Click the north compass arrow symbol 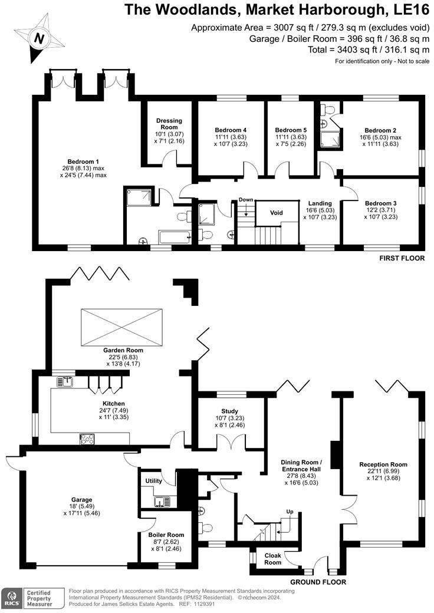coord(38,39)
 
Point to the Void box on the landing coord(277,212)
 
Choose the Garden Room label coord(123,350)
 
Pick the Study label coord(229,410)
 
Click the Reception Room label coord(383,464)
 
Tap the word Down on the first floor coord(246,200)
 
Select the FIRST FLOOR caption coord(403,258)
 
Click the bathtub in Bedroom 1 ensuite coord(173,238)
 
